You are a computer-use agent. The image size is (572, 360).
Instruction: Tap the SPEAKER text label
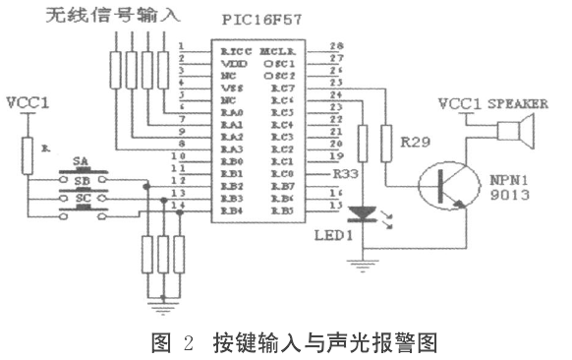click(x=512, y=102)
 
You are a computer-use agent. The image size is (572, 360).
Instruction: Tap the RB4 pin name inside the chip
click(x=232, y=210)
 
